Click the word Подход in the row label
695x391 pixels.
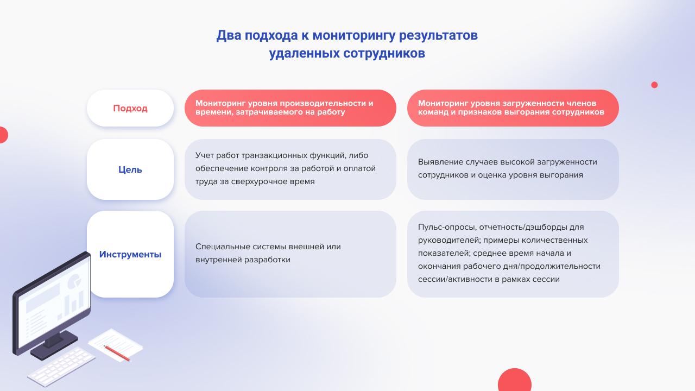(130, 108)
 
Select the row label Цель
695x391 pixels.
(130, 169)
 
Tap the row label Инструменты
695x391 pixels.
(130, 254)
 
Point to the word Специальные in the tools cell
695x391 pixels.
(223, 247)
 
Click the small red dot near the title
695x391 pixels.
(654, 85)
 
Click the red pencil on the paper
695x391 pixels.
(117, 354)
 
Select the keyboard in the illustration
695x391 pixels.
(61, 367)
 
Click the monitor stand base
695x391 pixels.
(54, 345)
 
